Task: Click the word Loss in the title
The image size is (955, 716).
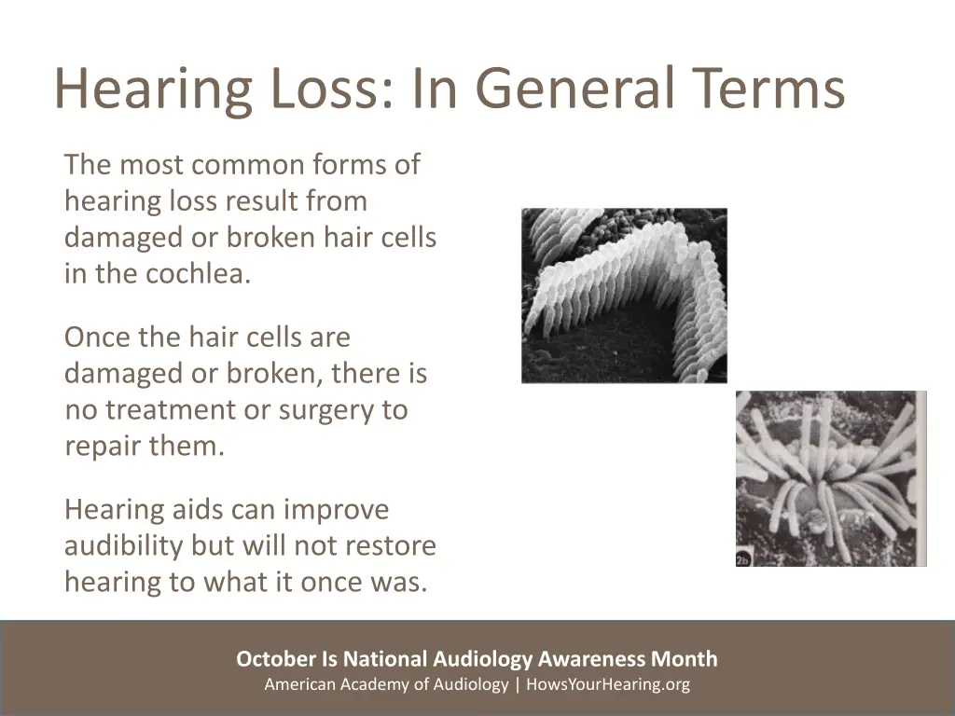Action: click(318, 89)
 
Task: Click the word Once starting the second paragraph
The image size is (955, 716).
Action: click(97, 337)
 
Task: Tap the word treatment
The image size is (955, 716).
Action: click(176, 410)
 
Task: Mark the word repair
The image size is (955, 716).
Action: click(104, 447)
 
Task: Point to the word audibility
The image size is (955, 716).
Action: click(123, 546)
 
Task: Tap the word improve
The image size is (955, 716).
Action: click(336, 510)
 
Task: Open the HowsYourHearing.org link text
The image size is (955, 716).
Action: click(608, 684)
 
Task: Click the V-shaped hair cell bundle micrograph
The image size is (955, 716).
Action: click(624, 295)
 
